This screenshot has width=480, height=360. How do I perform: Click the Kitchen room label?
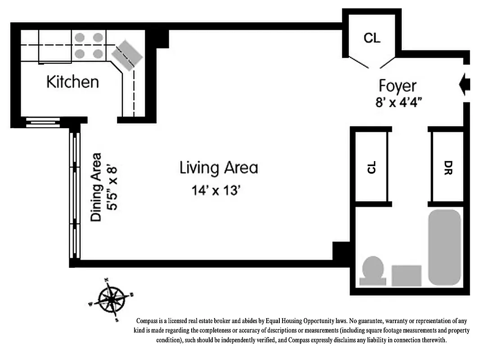pos(72,82)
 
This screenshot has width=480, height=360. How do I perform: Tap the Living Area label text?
pos(219,168)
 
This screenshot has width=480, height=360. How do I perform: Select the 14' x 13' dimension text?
pos(217,190)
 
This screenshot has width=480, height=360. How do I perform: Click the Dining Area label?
pos(96,187)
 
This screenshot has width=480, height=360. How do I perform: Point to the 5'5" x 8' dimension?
pos(112,187)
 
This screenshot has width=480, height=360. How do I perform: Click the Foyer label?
pos(397,86)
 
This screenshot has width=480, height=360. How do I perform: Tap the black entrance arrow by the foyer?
pos(464,84)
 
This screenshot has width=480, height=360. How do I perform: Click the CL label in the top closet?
pos(372,38)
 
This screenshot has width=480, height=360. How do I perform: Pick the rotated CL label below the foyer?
pos(371,167)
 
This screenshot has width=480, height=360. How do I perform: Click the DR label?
pos(448,167)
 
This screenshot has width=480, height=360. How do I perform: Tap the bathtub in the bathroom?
pos(444,247)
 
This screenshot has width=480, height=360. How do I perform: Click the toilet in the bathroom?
pos(373,271)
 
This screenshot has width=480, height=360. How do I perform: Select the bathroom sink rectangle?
pos(406,275)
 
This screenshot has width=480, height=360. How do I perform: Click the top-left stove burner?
pos(80,38)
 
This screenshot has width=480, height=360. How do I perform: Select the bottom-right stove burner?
pos(98,54)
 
